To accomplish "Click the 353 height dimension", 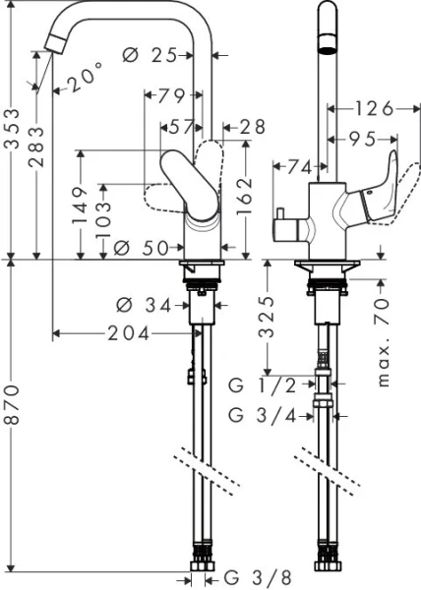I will (13, 129).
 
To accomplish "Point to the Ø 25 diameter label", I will (155, 56).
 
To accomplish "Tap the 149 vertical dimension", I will (83, 206).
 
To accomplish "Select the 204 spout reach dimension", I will (130, 334).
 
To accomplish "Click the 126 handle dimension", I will (373, 107).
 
